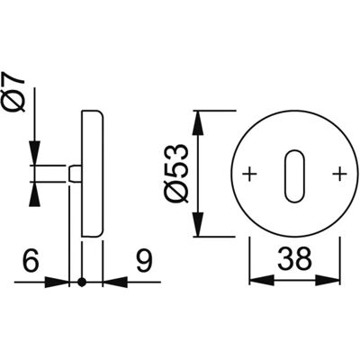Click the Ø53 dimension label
[x=177, y=173]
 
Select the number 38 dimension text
[x=295, y=258]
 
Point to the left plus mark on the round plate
[x=249, y=174]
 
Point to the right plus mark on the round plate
[x=340, y=174]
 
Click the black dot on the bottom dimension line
[x=82, y=282]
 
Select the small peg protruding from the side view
[x=75, y=174]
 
